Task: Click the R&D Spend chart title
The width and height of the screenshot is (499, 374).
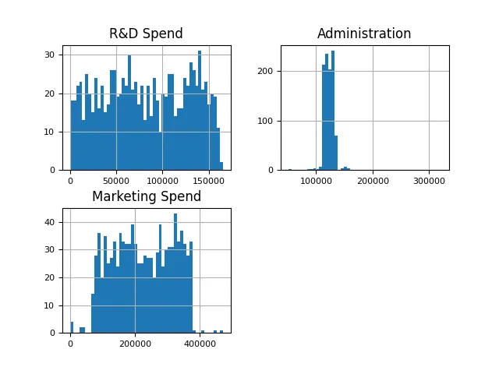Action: [x=146, y=34]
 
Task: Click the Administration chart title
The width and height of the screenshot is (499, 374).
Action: [x=364, y=34]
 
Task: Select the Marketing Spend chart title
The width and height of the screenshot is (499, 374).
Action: [x=146, y=196]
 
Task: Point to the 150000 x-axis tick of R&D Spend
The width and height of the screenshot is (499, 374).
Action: [x=208, y=180]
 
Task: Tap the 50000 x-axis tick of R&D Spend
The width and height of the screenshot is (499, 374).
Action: [x=116, y=180]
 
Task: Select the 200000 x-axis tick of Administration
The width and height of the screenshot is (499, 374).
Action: [x=373, y=180]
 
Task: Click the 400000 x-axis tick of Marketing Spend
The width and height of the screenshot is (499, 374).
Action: [x=200, y=343]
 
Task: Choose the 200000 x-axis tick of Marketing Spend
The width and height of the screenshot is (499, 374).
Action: [x=136, y=343]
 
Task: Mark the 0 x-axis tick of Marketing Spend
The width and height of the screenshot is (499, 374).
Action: [x=70, y=343]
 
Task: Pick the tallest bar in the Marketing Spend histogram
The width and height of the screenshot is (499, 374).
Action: [x=175, y=273]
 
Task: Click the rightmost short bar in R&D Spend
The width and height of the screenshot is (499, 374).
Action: [x=221, y=166]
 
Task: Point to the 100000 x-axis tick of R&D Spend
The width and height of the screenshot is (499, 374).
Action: [x=162, y=180]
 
